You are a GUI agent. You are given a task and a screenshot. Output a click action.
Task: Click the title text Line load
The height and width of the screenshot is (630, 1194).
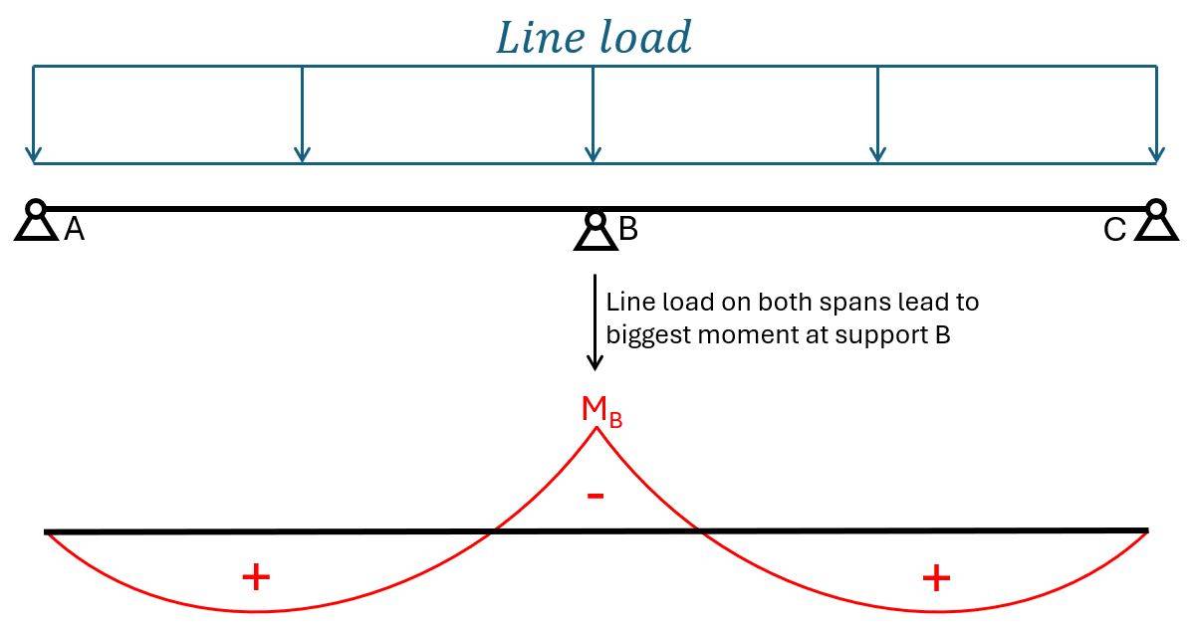click(x=594, y=38)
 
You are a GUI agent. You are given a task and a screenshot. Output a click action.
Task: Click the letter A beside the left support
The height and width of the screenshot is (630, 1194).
click(x=74, y=231)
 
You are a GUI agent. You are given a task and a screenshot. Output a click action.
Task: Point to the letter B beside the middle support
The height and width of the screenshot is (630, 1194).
click(x=628, y=229)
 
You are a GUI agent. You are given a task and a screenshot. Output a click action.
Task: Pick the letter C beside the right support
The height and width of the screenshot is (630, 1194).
click(x=1114, y=231)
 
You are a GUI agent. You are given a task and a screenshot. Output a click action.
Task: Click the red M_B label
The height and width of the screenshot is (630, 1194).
click(x=600, y=410)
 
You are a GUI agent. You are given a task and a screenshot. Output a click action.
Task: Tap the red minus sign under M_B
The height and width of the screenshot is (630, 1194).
click(x=596, y=495)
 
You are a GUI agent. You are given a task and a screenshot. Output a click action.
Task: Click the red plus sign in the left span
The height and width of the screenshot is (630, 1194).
click(x=256, y=576)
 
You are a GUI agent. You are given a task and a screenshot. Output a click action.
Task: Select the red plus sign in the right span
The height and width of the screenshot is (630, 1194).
click(x=936, y=577)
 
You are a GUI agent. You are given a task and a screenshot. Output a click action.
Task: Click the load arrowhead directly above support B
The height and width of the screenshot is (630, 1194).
click(x=594, y=154)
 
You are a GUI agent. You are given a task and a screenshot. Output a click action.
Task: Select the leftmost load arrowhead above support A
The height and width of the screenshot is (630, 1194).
click(x=34, y=154)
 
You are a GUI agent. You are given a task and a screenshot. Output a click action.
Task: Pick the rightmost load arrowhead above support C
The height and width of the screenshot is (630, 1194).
click(x=1156, y=154)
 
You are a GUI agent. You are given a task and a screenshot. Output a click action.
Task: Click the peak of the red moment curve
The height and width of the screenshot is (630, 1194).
click(x=597, y=428)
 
